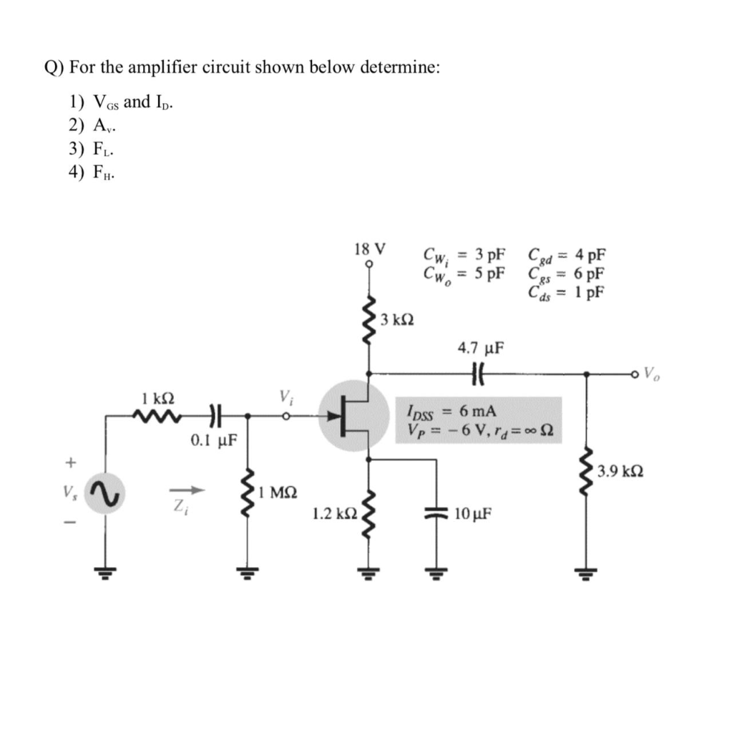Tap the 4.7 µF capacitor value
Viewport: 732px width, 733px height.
tap(480, 349)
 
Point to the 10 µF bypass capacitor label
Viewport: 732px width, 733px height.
tap(472, 513)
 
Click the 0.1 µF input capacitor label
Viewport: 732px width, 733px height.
tap(214, 438)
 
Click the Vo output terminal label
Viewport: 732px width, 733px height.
tap(653, 372)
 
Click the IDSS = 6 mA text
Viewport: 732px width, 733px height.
tap(446, 411)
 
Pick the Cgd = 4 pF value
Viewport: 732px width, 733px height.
tap(566, 254)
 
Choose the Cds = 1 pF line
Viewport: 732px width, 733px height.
tap(566, 291)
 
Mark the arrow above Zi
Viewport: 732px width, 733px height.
tap(187, 490)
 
